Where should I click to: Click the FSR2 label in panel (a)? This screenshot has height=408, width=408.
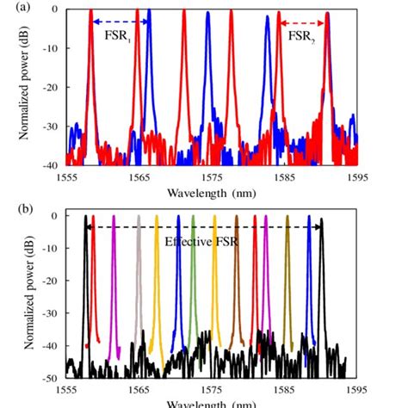[x=301, y=39]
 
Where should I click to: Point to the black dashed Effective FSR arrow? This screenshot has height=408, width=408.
[x=203, y=226]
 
